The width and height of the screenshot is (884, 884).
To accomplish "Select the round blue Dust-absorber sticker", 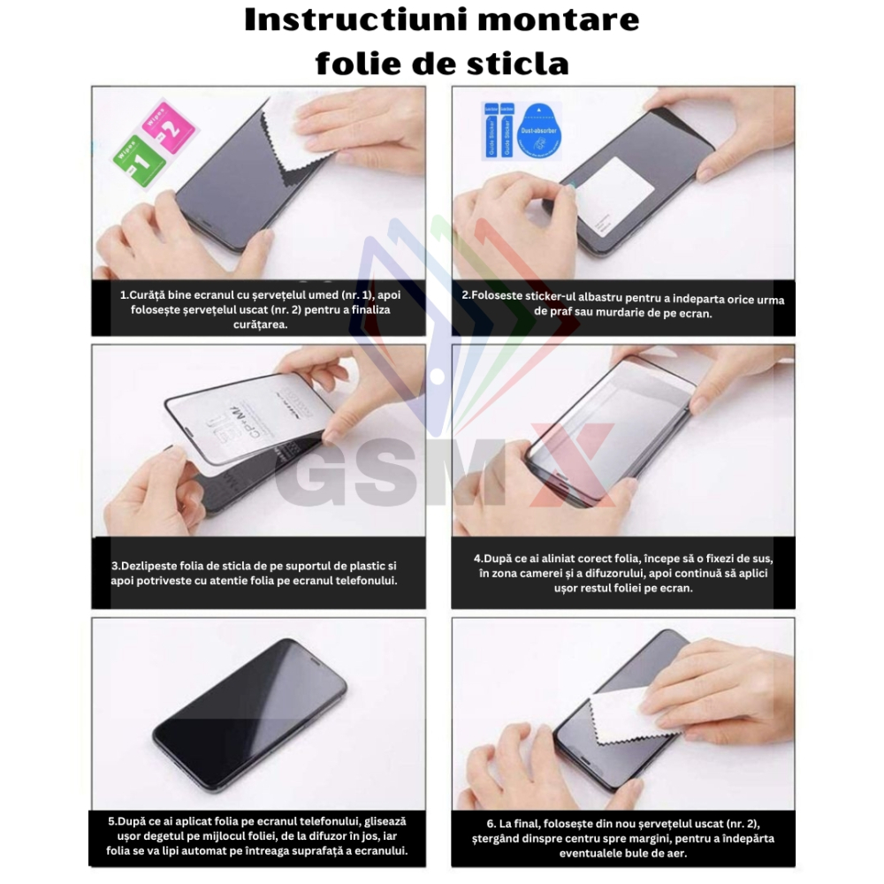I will click(x=538, y=128).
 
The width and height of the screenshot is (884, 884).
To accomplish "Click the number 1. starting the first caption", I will click(x=125, y=295).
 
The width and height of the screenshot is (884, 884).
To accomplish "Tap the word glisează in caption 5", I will click(x=379, y=821).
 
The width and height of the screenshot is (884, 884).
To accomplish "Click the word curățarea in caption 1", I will click(x=258, y=324).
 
